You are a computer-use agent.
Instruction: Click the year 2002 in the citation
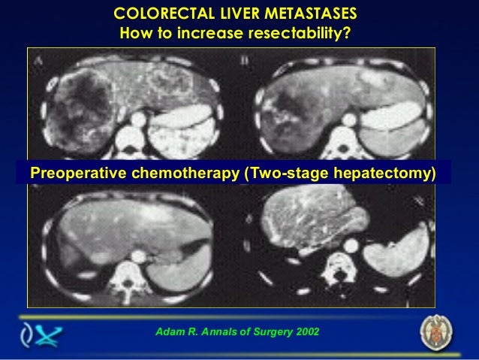click(307, 331)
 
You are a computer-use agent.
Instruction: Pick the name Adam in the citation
click(167, 331)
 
